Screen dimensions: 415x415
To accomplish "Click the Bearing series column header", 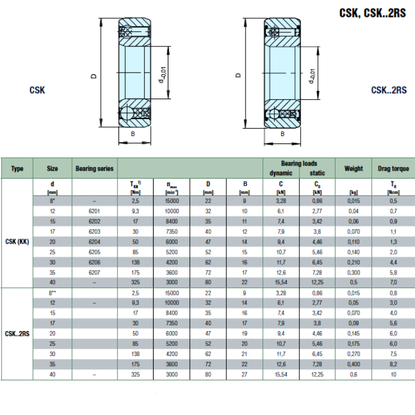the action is (x=95, y=168).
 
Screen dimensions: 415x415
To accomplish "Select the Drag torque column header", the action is (x=393, y=168).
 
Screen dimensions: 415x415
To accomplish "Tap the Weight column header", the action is (x=354, y=168).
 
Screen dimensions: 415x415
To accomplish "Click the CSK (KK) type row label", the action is (x=17, y=242).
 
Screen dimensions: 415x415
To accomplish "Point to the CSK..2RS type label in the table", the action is (x=17, y=334).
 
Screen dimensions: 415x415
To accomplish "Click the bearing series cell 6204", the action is (x=95, y=242).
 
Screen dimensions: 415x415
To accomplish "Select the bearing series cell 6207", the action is (x=95, y=273).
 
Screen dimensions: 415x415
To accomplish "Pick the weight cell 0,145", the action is (x=354, y=333).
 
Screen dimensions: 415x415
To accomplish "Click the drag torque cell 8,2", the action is (x=393, y=364).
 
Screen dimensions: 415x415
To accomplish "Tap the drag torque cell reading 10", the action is (x=393, y=375).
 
